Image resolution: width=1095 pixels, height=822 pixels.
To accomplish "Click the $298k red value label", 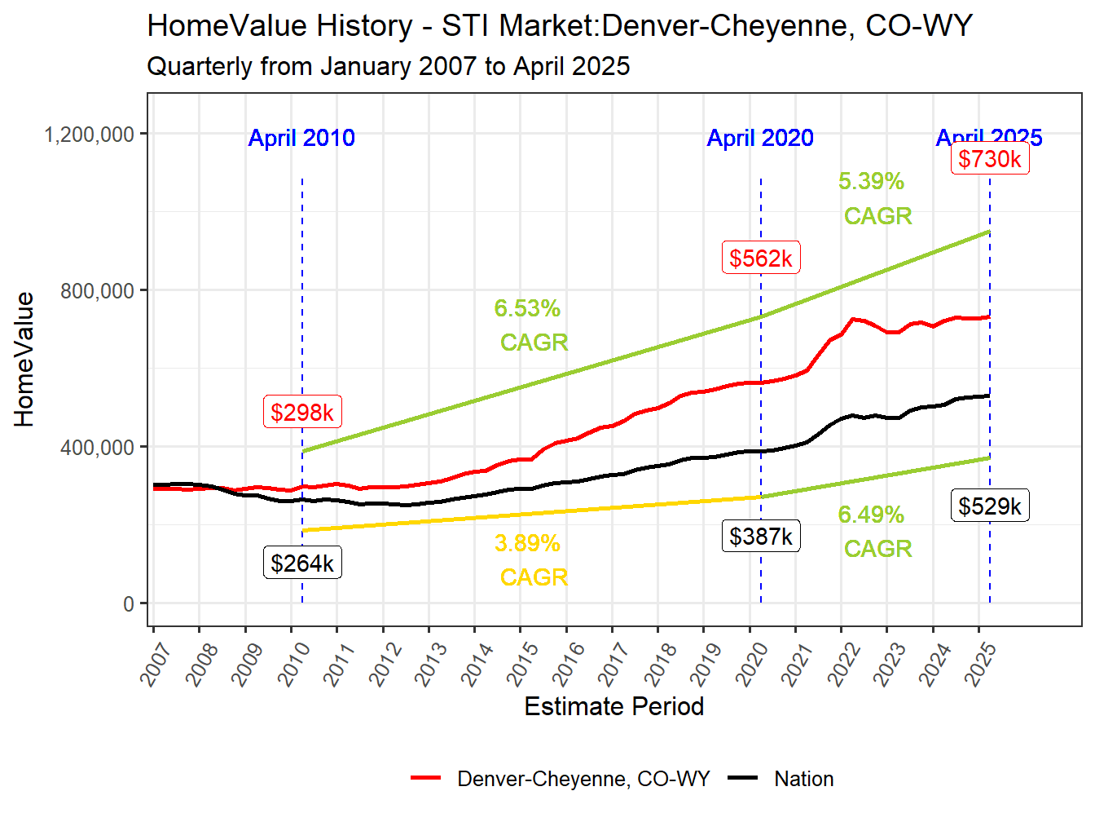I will pyautogui.click(x=302, y=412).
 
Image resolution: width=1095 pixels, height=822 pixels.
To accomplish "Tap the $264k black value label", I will pyautogui.click(x=302, y=563).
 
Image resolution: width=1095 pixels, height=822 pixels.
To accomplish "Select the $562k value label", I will pyautogui.click(x=761, y=259).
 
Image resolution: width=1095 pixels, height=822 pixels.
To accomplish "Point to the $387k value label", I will pyautogui.click(x=761, y=537).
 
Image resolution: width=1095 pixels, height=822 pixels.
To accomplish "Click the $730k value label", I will pyautogui.click(x=990, y=159).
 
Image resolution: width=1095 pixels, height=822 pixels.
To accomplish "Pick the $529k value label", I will pyautogui.click(x=990, y=506).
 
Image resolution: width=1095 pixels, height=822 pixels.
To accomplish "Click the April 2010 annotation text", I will pyautogui.click(x=301, y=138).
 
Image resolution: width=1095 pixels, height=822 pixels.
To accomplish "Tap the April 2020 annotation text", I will pyautogui.click(x=760, y=138).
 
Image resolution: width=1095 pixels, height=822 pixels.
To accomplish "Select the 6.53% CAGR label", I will pyautogui.click(x=530, y=325).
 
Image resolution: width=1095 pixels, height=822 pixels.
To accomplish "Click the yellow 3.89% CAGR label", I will pyautogui.click(x=530, y=560).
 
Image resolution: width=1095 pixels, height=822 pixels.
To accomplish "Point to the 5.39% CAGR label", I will pyautogui.click(x=874, y=198).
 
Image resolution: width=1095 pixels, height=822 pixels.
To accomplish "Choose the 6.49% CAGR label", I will pyautogui.click(x=874, y=532).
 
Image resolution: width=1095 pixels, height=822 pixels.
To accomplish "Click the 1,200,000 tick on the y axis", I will pyautogui.click(x=89, y=135).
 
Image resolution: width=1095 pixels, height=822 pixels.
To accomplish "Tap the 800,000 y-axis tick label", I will pyautogui.click(x=97, y=291).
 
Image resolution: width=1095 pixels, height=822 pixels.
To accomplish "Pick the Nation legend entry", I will pyautogui.click(x=803, y=779).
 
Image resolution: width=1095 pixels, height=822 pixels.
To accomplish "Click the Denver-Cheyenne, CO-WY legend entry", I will pyautogui.click(x=583, y=779).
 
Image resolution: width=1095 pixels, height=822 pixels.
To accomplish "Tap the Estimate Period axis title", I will pyautogui.click(x=613, y=706).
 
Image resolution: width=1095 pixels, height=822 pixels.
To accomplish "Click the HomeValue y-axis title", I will pyautogui.click(x=24, y=360).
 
